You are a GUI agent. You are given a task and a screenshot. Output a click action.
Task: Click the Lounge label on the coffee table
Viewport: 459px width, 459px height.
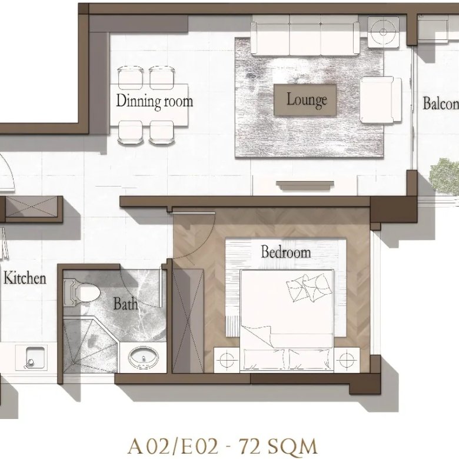click(x=307, y=99)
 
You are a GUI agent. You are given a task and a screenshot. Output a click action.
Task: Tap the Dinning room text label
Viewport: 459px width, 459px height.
click(x=155, y=101)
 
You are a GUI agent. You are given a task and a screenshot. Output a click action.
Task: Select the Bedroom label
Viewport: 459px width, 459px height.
click(x=286, y=252)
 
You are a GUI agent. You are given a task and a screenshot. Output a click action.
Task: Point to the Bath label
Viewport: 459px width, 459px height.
click(x=125, y=304)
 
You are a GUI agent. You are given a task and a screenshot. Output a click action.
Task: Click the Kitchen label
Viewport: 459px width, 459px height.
click(x=25, y=278)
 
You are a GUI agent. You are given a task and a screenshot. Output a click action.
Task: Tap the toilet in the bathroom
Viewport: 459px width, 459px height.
click(x=82, y=292)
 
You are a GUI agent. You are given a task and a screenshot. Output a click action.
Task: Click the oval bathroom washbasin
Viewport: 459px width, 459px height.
click(x=144, y=357)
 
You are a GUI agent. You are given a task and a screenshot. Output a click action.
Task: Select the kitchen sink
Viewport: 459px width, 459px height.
click(x=35, y=357)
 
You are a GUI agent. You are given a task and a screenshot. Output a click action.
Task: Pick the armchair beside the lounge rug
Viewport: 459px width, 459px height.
click(x=381, y=99)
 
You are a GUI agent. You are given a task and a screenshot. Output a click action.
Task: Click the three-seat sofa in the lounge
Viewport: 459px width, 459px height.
click(x=305, y=35)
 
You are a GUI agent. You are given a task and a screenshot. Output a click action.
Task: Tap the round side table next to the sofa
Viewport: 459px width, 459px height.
click(x=383, y=32)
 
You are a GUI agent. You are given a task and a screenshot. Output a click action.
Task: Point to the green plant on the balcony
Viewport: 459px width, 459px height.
click(x=444, y=176)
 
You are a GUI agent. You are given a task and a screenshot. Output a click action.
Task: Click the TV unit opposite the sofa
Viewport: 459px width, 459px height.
click(x=305, y=185)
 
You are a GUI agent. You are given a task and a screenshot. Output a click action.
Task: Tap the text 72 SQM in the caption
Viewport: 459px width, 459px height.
click(x=278, y=447)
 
